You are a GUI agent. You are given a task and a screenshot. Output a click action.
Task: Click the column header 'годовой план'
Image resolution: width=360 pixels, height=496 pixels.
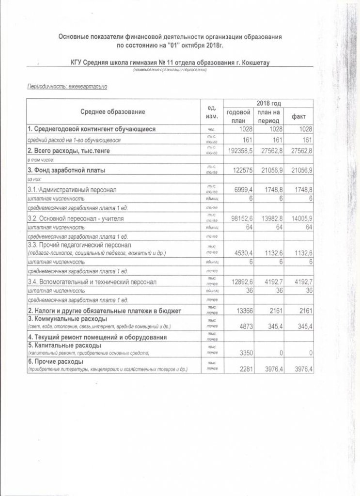238,116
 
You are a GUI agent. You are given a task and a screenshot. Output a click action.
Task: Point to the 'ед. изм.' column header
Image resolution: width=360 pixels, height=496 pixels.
211,112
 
